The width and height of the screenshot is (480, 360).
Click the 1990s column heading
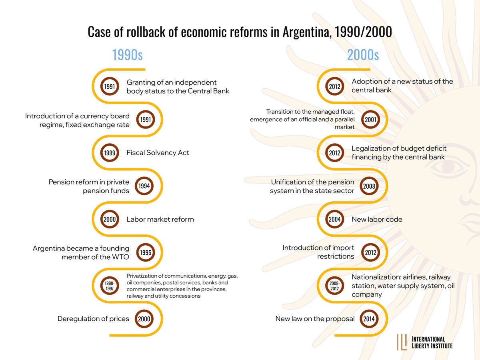pyautogui.click(x=127, y=55)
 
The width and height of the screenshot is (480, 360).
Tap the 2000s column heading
pyautogui.click(x=363, y=55)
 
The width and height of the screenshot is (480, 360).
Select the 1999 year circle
pyautogui.click(x=109, y=153)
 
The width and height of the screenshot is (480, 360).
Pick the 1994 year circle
pyautogui.click(x=144, y=186)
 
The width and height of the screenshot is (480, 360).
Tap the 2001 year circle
pyautogui.click(x=370, y=119)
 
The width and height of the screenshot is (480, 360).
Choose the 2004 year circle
pyautogui.click(x=334, y=219)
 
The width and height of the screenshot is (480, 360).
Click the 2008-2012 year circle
pyautogui.click(x=334, y=285)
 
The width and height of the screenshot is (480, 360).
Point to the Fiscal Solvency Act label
pyautogui.click(x=158, y=153)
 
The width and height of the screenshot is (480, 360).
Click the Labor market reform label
pyautogui.click(x=160, y=219)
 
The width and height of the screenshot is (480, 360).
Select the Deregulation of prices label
pyautogui.click(x=93, y=319)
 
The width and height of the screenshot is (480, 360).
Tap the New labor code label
pyautogui.click(x=377, y=219)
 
